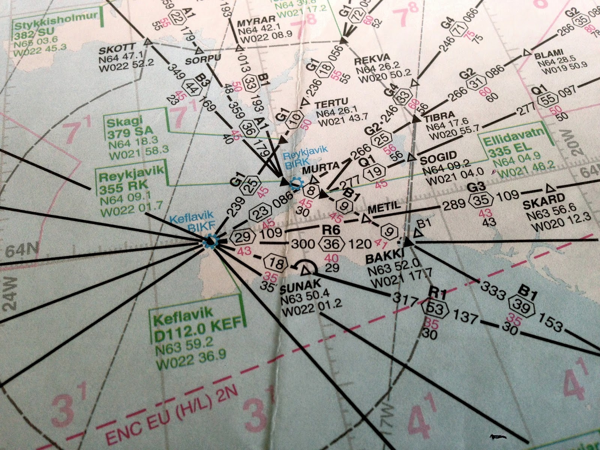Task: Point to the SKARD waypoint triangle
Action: (x=550, y=188)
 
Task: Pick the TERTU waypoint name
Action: (x=332, y=102)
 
